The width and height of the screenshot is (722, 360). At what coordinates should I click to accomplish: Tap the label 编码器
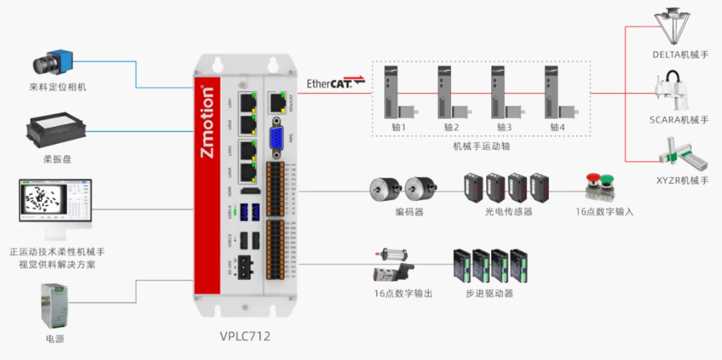(x=409, y=212)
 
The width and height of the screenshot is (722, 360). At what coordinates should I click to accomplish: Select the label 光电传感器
(x=508, y=212)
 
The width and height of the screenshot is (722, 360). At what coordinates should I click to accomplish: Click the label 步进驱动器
(x=489, y=294)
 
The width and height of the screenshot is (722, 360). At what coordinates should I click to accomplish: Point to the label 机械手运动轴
(x=481, y=146)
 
